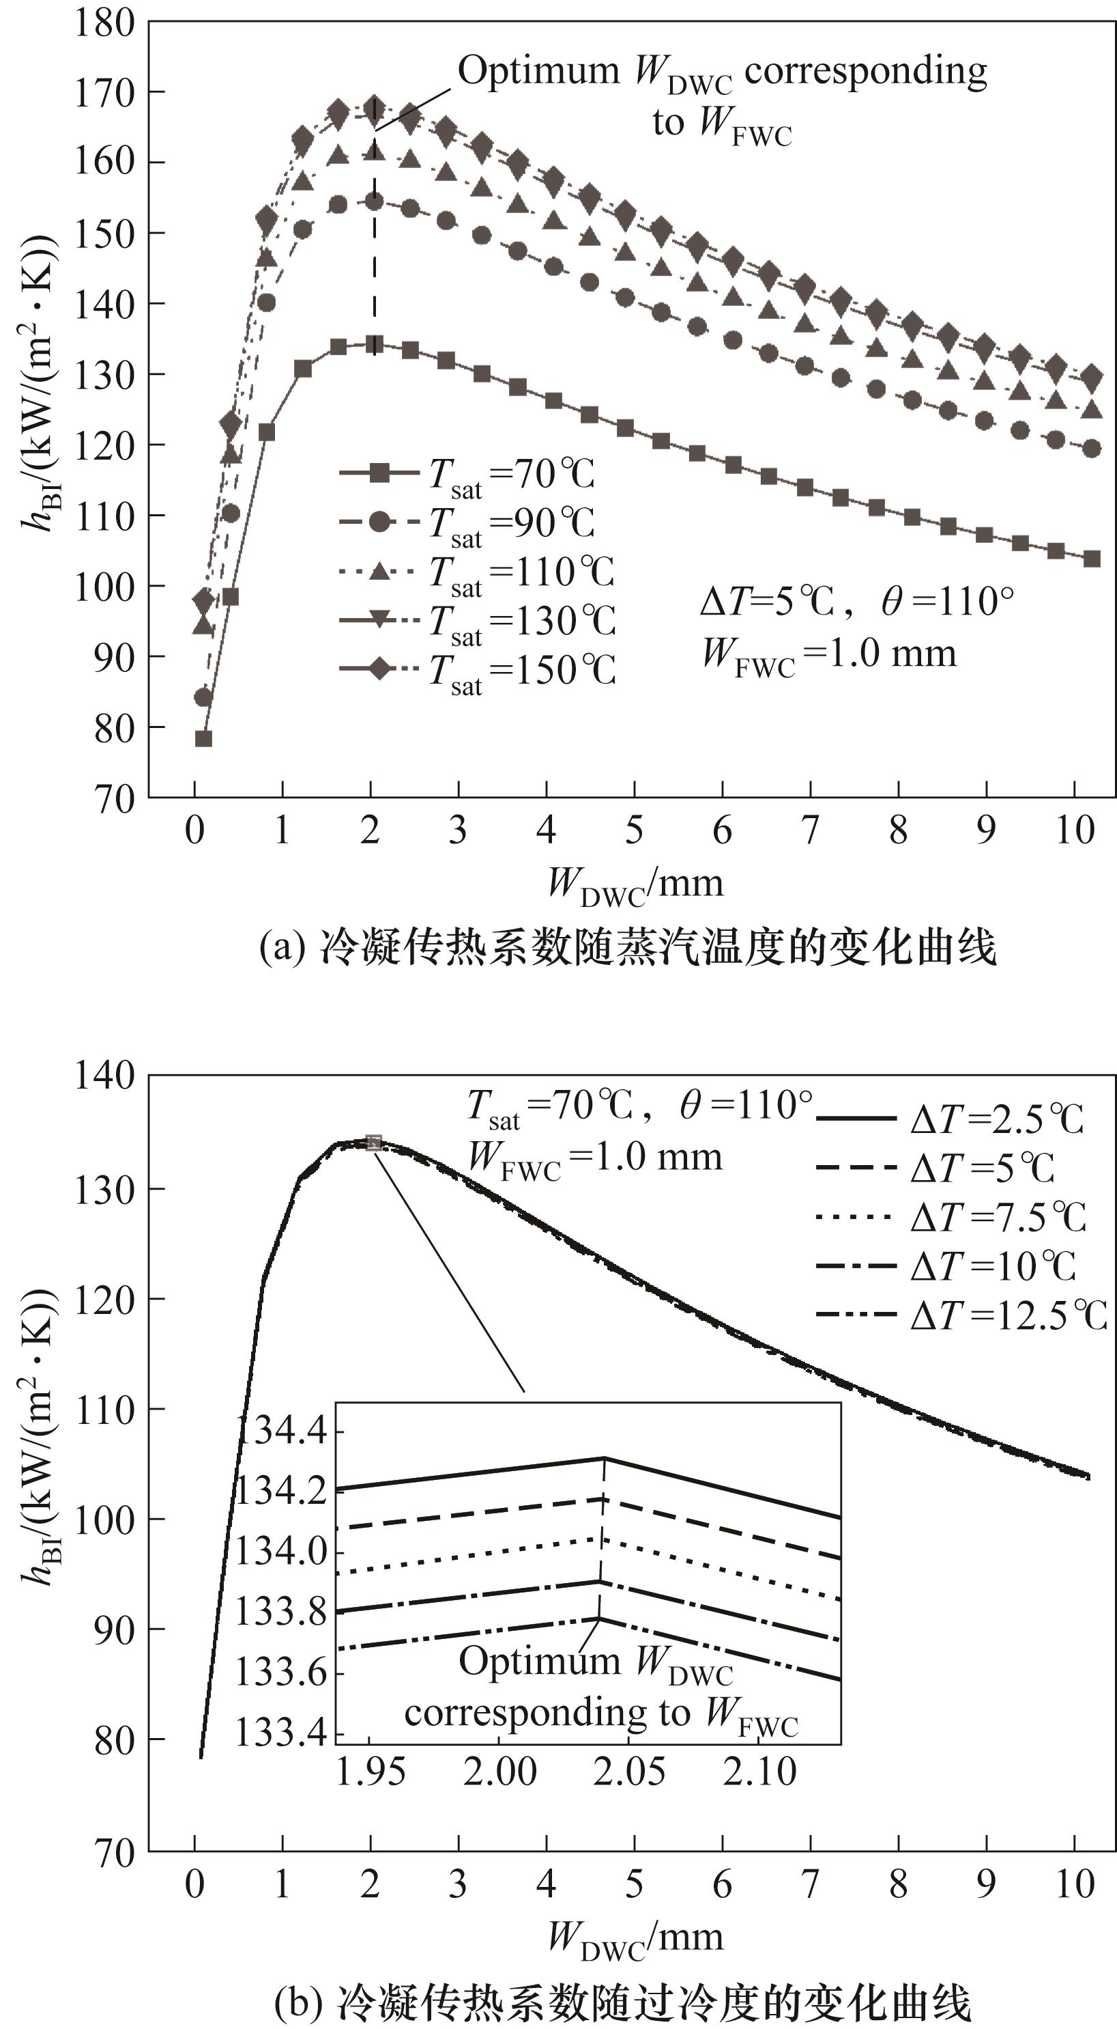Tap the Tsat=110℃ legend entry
476,572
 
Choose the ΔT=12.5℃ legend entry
960,1315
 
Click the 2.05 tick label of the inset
629,1772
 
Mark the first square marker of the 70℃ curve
203,738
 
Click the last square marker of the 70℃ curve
1092,559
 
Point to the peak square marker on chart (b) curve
374,1142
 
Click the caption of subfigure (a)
628,947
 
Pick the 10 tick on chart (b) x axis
1075,1885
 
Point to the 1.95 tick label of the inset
370,1772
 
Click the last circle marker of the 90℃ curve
1092,449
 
